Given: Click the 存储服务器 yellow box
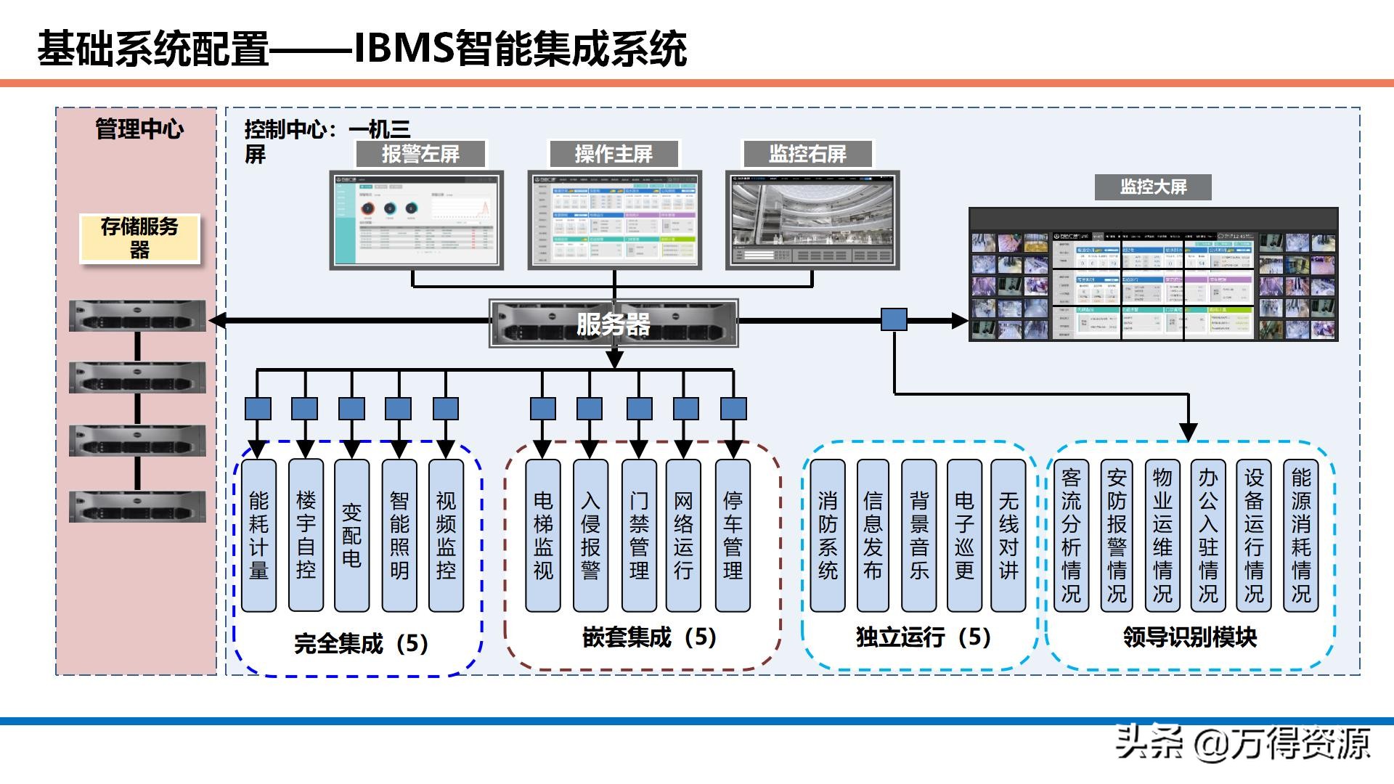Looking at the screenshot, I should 139,238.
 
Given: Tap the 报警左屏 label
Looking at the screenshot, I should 420,154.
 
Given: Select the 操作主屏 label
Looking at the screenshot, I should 614,154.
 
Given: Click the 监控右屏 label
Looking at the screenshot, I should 807,154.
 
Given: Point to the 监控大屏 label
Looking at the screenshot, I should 1153,187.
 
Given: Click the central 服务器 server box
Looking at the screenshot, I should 614,323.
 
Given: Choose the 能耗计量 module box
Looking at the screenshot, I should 258,535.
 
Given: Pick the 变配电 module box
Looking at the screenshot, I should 351,535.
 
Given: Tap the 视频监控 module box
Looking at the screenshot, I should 446,535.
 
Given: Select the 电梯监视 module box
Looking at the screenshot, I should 543,535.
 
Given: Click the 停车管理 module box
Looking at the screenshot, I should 733,535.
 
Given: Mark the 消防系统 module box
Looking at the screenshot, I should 828,535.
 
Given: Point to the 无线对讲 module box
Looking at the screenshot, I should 1008,535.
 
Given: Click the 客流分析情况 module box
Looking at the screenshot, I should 1071,535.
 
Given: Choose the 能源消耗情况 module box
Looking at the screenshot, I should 1301,535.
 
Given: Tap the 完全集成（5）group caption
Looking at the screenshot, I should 361,643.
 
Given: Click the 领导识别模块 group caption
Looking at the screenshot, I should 1189,637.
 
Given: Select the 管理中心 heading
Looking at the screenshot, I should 139,129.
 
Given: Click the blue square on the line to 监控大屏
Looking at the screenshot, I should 894,319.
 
